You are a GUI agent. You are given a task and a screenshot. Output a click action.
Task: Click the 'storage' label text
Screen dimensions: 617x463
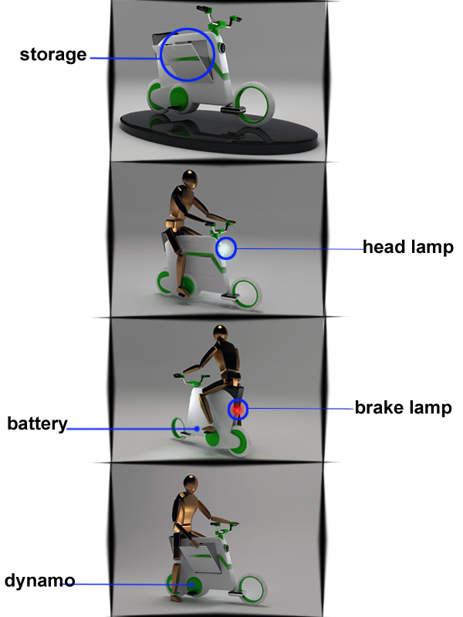[x=52, y=55]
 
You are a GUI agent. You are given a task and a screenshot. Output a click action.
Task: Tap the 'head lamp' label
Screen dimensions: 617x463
[x=407, y=248]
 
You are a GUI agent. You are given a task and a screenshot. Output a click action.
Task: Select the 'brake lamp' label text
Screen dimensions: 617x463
[x=403, y=407]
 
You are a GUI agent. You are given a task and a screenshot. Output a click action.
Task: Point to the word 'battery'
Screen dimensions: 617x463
[x=37, y=424]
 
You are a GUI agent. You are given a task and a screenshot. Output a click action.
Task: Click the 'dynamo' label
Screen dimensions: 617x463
[x=39, y=580]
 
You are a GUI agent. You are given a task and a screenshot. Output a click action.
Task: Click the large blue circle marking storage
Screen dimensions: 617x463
[x=187, y=55]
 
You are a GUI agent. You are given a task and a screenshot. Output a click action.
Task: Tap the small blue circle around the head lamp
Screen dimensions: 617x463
[x=226, y=248]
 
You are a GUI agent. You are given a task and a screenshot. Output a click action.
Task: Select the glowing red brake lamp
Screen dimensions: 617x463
[x=238, y=409]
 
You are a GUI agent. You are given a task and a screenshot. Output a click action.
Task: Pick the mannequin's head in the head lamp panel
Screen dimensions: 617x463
[x=190, y=180]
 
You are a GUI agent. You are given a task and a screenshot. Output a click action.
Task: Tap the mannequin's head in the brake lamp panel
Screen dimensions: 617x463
[x=221, y=337]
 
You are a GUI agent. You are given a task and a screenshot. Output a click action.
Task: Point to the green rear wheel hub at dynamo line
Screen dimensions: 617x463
[x=190, y=586]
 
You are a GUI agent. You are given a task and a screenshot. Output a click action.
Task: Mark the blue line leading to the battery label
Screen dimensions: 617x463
[x=131, y=429]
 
